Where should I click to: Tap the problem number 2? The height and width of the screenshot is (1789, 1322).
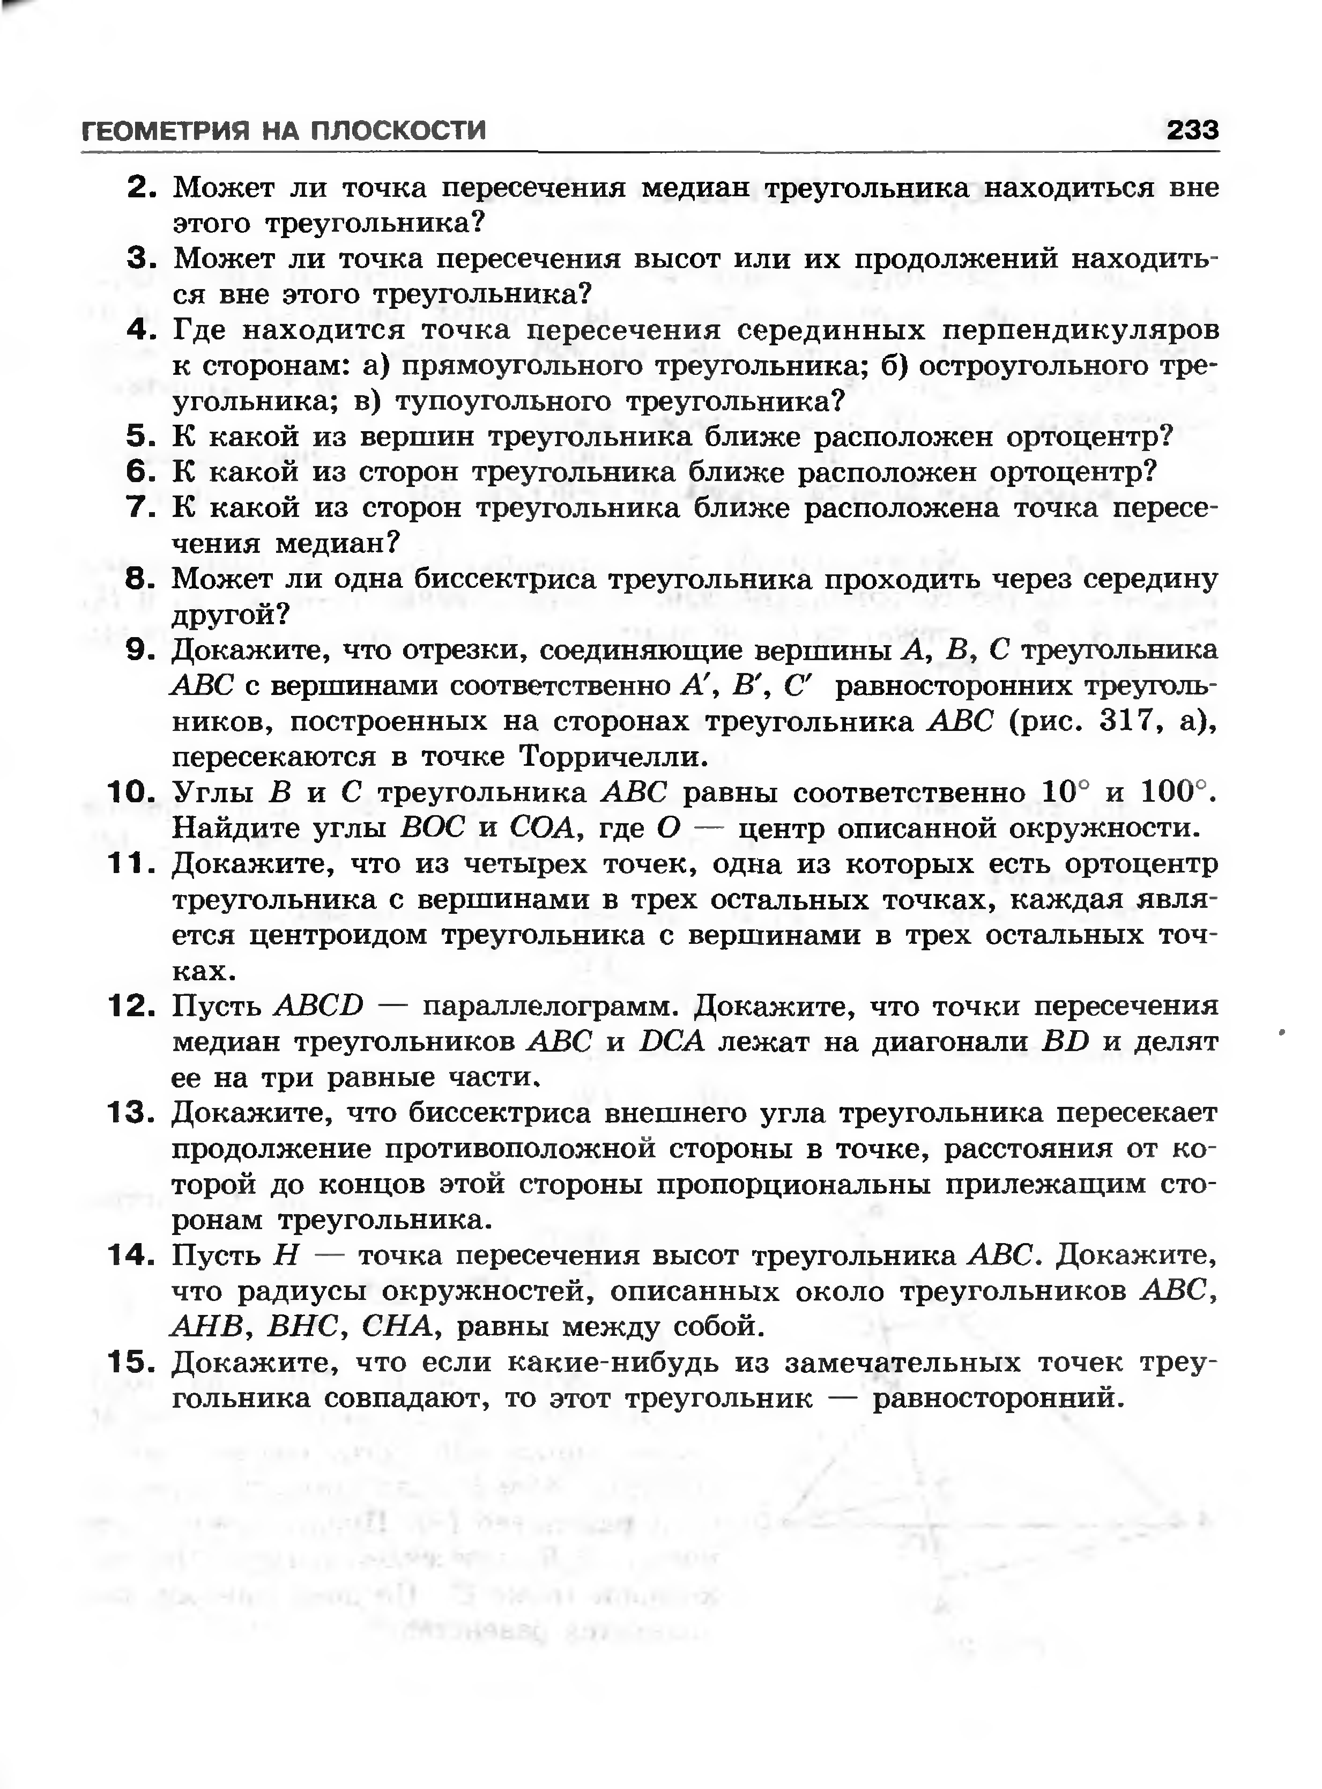140,188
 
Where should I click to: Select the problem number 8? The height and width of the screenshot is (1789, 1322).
139,579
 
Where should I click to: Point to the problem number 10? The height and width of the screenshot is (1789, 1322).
130,793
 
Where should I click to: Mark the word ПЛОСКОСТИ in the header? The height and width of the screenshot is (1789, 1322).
398,130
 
